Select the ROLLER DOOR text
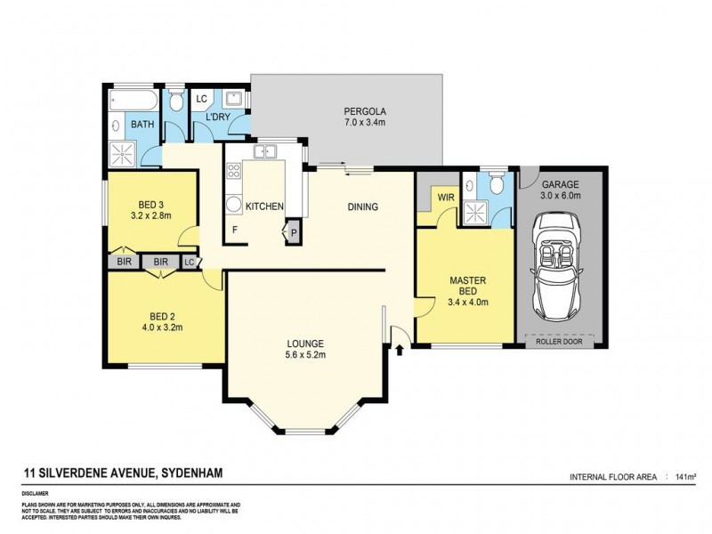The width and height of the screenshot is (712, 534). click(561, 341)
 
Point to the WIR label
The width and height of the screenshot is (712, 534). click(442, 198)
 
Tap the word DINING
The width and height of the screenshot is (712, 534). click(362, 207)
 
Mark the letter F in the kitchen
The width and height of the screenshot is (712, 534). click(235, 230)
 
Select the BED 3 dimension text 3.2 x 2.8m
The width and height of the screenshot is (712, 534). click(150, 214)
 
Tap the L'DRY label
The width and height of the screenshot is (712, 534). click(219, 117)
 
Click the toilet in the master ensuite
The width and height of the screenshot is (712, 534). click(497, 183)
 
